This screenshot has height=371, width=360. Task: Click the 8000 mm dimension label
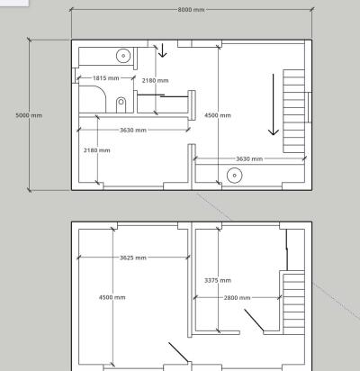click(191, 10)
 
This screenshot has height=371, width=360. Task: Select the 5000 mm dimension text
click(29, 115)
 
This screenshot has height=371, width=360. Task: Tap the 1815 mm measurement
click(106, 78)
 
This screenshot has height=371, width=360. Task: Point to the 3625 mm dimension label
click(133, 258)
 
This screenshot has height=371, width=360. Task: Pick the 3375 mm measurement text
click(218, 280)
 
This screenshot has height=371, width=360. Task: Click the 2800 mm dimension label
click(237, 298)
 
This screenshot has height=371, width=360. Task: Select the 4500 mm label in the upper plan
click(218, 115)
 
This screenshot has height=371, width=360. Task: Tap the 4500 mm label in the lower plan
click(112, 297)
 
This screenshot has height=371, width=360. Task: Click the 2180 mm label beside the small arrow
click(155, 80)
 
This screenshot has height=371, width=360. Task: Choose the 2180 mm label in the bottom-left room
click(97, 150)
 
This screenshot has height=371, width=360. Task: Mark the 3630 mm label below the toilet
click(133, 130)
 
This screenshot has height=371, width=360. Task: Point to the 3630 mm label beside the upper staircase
click(249, 158)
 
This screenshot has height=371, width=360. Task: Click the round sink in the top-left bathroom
click(123, 56)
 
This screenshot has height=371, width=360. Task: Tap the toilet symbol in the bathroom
click(121, 104)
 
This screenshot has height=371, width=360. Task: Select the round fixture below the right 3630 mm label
click(235, 176)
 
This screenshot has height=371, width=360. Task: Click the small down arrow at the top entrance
click(162, 50)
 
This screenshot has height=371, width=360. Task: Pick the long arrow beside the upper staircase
click(274, 104)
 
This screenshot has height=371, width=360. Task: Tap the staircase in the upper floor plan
click(294, 112)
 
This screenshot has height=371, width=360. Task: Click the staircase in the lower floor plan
click(294, 303)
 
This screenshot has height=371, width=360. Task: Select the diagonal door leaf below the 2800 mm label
click(254, 321)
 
